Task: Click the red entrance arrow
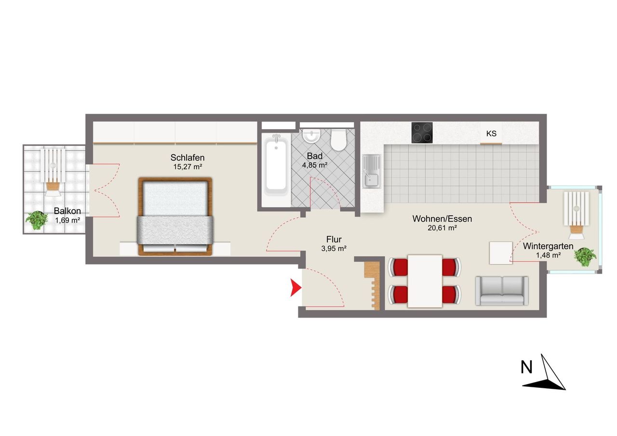click(295, 288)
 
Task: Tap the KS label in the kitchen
click(491, 133)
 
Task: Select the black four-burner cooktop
click(422, 132)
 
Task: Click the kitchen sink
click(372, 171)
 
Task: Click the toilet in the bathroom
click(338, 140)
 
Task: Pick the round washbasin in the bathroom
click(311, 136)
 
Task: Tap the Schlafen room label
click(188, 158)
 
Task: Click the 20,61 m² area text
click(442, 228)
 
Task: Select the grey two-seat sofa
click(502, 291)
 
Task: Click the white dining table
click(425, 281)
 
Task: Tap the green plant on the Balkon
click(36, 220)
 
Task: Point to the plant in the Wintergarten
click(585, 256)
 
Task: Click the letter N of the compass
click(526, 367)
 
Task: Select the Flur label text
click(334, 239)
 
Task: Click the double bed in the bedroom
click(175, 217)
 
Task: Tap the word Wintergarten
click(548, 246)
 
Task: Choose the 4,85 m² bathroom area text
click(315, 165)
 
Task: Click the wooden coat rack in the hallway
click(372, 286)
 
